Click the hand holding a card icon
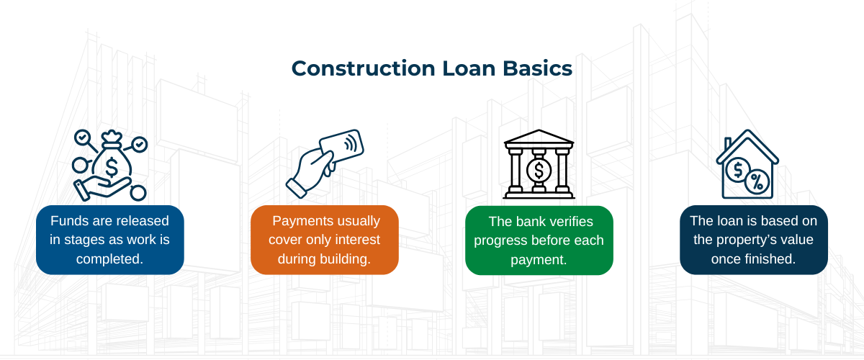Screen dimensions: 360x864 [324, 163]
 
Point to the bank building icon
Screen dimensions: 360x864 [538, 164]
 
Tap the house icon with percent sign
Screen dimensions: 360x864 [747, 164]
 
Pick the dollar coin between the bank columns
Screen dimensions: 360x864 [538, 171]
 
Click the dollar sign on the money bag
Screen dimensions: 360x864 [112, 166]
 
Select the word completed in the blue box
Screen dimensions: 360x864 [110, 258]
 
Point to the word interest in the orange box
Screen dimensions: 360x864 [359, 240]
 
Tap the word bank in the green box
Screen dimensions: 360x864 [526, 221]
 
